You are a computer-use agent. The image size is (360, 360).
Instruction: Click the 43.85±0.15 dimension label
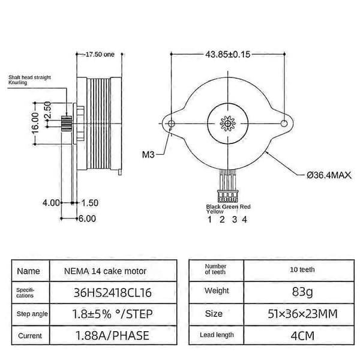(227, 55)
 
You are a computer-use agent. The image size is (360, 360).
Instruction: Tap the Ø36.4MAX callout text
(329, 175)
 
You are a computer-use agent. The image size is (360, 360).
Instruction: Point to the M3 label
(148, 155)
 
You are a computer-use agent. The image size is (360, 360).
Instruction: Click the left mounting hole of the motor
(171, 124)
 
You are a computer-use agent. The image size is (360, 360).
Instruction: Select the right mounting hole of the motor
(284, 124)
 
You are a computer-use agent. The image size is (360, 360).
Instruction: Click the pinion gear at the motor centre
(228, 124)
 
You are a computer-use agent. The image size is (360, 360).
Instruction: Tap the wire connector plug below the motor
(227, 196)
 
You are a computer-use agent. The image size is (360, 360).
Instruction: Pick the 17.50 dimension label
(100, 55)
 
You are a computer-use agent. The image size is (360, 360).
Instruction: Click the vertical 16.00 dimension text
(35, 123)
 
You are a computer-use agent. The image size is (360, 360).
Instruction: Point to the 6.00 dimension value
(87, 218)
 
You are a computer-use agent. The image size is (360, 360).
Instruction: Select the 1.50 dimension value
(90, 203)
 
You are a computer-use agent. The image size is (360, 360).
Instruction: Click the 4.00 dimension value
(51, 203)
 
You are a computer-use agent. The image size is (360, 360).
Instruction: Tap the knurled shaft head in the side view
(67, 124)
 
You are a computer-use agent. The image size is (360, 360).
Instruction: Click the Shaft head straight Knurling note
(29, 80)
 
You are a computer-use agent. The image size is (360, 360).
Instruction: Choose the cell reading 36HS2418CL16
(113, 293)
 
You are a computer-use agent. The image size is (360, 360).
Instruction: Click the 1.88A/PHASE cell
(113, 335)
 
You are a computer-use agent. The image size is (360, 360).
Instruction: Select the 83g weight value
(302, 292)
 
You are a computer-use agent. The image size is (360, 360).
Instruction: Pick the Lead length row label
(217, 335)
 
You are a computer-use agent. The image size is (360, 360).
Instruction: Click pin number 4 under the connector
(245, 220)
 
